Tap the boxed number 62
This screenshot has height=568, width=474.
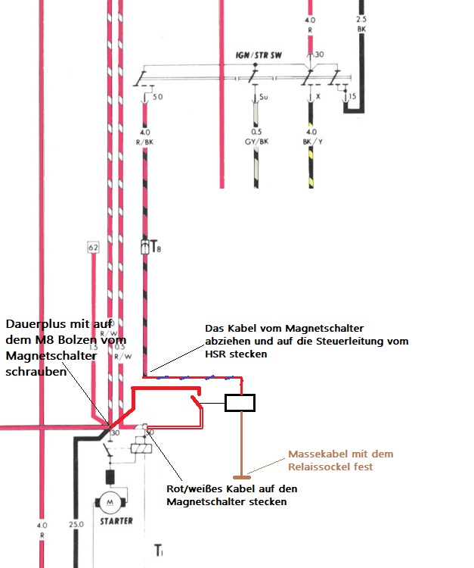[x=93, y=247]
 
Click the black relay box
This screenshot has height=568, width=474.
[x=243, y=403]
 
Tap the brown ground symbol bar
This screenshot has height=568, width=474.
[x=243, y=477]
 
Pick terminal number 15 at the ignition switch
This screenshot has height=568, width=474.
[x=351, y=97]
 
